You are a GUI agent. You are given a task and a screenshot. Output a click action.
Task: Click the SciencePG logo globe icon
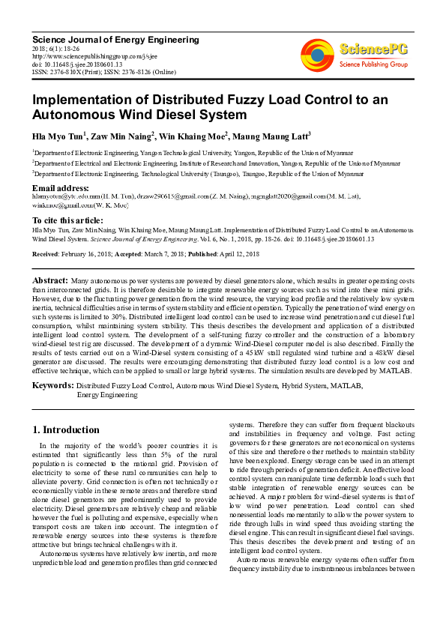coord(318,55)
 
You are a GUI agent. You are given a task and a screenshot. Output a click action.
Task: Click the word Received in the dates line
coord(46,255)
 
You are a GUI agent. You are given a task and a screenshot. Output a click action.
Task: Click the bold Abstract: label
coord(49,279)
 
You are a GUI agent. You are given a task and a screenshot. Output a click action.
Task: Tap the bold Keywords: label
coord(52,386)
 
